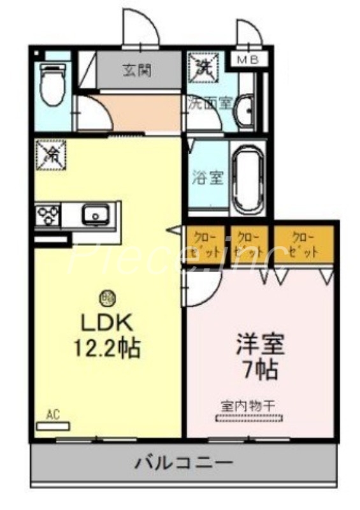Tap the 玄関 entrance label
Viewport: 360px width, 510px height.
pyautogui.click(x=137, y=70)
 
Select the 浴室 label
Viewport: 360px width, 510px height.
pyautogui.click(x=208, y=177)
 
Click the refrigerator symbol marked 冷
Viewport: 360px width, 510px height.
pyautogui.click(x=51, y=154)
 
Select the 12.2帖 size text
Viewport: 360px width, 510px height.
pyautogui.click(x=106, y=349)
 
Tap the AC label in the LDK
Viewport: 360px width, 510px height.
pyautogui.click(x=53, y=416)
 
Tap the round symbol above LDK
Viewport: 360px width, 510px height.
pyautogui.click(x=106, y=297)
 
